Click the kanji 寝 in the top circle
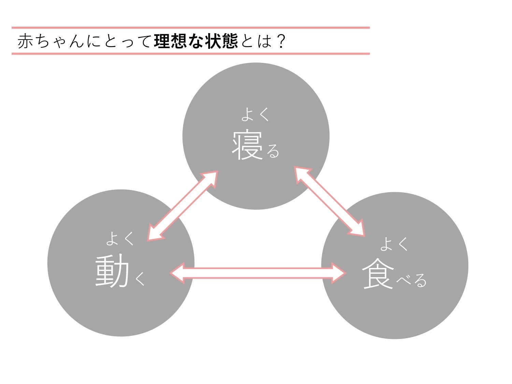247,146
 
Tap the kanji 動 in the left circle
112,272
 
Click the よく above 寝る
255,114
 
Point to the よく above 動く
120,238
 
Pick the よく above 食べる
394,244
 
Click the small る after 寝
273,151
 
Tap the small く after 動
140,279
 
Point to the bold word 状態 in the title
222,41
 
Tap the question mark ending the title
281,41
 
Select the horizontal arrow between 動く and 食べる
258,273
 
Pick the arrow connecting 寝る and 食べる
329,201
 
